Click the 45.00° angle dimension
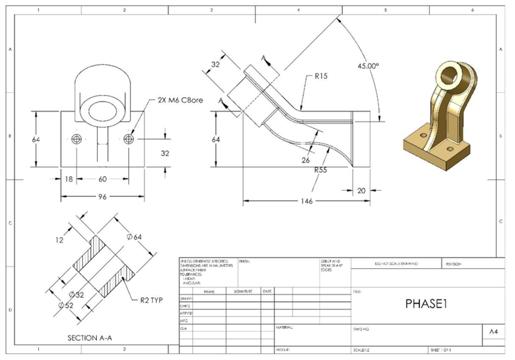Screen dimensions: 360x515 pos(368,66)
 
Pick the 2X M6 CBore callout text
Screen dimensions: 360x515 pos(176,100)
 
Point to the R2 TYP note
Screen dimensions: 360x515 pos(151,300)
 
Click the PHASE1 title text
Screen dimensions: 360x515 pos(422,303)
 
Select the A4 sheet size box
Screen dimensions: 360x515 pos(493,332)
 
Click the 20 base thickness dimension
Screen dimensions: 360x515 pos(361,190)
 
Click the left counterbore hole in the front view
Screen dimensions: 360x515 pos(76,138)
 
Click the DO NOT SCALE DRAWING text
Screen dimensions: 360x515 pos(396,263)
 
